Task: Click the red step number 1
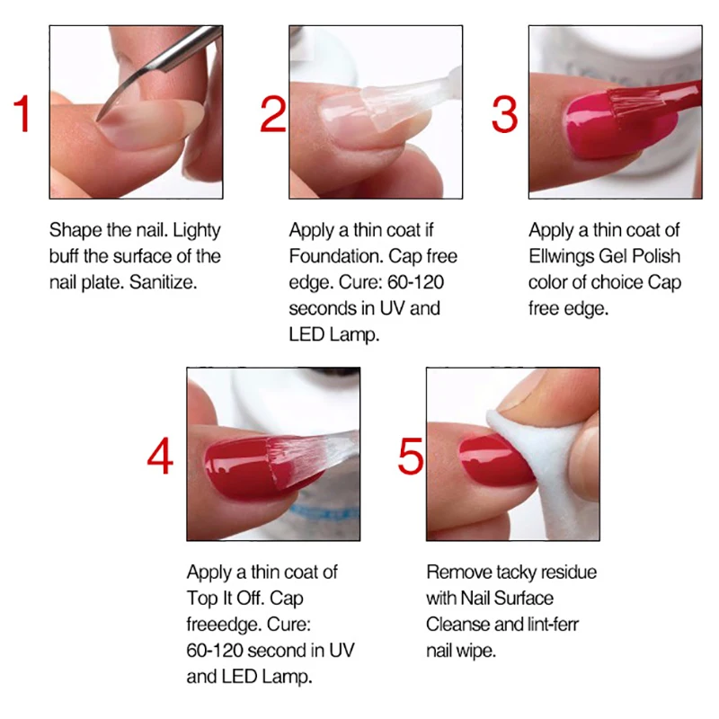[x=22, y=114]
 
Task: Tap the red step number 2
[x=273, y=115]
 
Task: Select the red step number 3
[x=504, y=115]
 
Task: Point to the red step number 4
[x=160, y=457]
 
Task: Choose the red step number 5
[x=411, y=457]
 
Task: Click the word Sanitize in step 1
[x=164, y=282]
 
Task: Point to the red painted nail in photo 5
[x=495, y=463]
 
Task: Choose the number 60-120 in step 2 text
[x=415, y=282]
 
